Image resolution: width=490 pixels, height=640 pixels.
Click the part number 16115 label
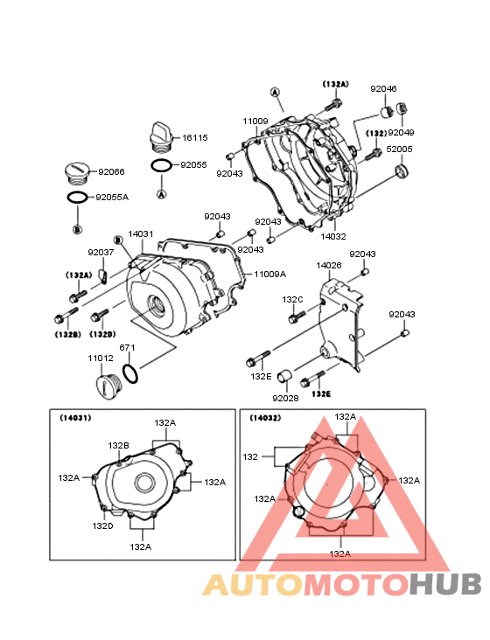pyautogui.click(x=195, y=138)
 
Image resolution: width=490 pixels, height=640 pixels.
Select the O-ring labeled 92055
pyautogui.click(x=161, y=166)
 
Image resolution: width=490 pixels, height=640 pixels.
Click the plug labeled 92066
pyautogui.click(x=78, y=173)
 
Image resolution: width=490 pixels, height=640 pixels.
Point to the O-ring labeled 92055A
pyautogui.click(x=77, y=198)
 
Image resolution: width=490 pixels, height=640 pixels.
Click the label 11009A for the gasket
pyautogui.click(x=269, y=275)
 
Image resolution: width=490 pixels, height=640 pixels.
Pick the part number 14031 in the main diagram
pyautogui.click(x=141, y=233)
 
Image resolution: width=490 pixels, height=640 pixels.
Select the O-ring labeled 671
pyautogui.click(x=130, y=373)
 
